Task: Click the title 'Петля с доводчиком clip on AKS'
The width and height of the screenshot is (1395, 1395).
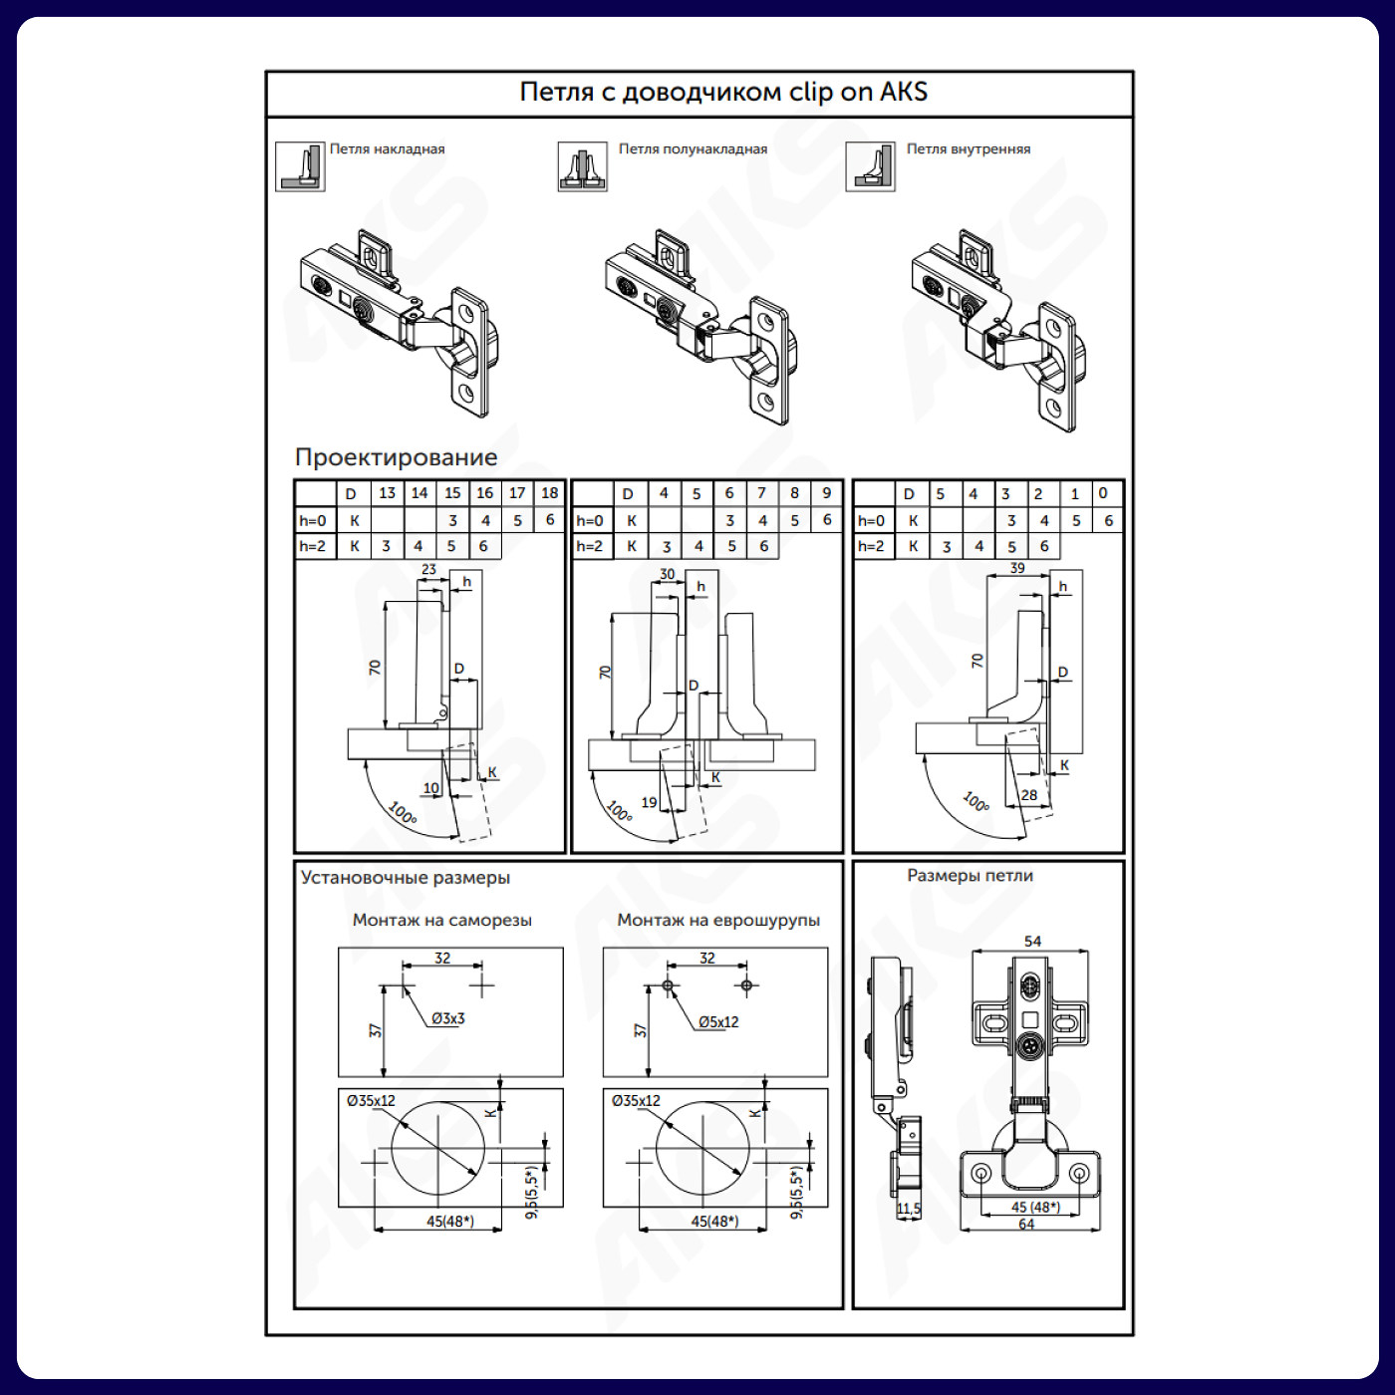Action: [x=723, y=92]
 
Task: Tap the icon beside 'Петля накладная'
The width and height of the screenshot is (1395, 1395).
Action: [x=300, y=166]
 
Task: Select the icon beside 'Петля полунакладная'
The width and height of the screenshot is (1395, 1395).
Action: [x=582, y=166]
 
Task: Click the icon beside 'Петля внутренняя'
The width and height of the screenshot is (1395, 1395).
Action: [x=870, y=166]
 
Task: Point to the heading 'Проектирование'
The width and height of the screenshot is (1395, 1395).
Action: [x=396, y=456]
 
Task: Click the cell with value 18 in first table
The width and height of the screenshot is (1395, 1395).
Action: [x=549, y=493]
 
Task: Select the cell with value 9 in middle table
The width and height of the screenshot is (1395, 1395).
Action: [x=827, y=493]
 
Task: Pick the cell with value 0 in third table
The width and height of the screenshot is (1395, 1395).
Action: [x=1102, y=493]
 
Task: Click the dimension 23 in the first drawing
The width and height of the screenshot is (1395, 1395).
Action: [x=428, y=569]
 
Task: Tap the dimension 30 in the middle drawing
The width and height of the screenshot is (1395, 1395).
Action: [x=667, y=574]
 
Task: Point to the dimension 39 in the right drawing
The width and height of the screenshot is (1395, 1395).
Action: [x=1017, y=568]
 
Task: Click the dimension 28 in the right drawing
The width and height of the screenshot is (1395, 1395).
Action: [x=1028, y=795]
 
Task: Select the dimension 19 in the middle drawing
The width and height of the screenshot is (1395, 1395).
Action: [x=649, y=802]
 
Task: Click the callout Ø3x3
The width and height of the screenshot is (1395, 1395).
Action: [x=448, y=1018]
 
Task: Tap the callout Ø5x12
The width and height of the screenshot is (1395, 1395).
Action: [x=718, y=1022]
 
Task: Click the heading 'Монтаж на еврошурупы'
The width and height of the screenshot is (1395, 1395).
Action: [x=718, y=920]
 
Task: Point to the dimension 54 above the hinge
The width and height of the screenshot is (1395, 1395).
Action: [x=1032, y=941]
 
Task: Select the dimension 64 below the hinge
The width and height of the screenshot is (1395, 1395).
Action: [x=1026, y=1225]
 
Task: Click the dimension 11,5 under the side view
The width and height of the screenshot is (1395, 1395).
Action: [x=909, y=1209]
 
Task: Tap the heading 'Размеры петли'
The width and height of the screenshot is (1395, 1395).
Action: [x=970, y=875]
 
